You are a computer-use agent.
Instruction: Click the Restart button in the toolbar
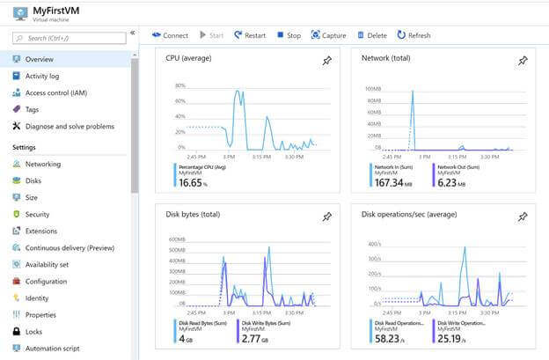click(249, 35)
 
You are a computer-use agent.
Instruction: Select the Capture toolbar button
click(328, 35)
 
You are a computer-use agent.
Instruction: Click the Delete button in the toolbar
click(371, 35)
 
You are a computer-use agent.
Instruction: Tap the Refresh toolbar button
click(414, 35)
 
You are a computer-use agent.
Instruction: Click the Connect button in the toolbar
click(170, 35)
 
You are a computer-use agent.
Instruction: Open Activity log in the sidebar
click(42, 76)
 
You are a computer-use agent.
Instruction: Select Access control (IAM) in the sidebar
click(55, 92)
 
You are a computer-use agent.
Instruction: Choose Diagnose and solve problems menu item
click(70, 126)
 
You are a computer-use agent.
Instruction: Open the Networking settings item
click(43, 164)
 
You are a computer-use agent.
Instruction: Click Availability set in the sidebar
click(47, 264)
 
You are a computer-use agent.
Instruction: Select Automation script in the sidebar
click(53, 348)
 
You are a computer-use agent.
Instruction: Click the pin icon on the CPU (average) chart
click(327, 61)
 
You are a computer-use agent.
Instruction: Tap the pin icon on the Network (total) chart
click(523, 61)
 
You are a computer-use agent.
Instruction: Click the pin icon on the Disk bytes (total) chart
click(327, 217)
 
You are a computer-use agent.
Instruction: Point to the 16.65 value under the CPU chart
click(190, 183)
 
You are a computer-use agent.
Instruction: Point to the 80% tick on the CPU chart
click(179, 86)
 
